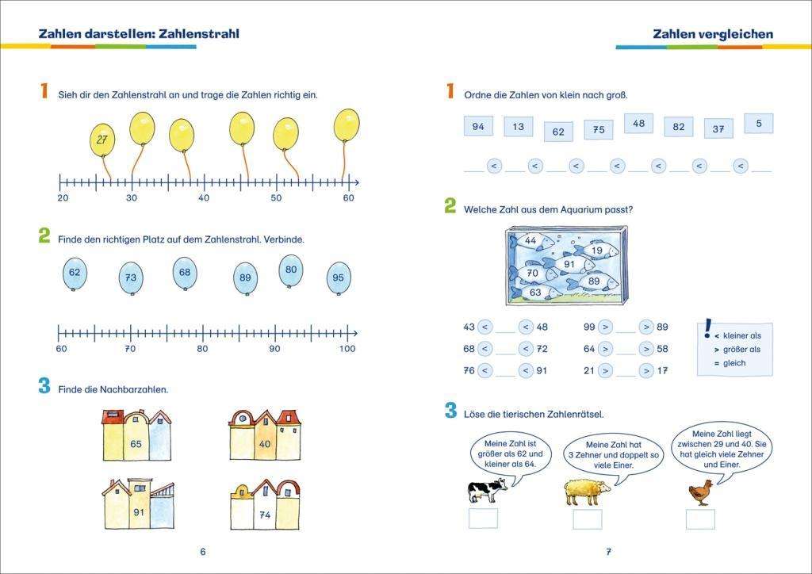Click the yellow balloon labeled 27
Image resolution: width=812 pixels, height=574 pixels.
point(102,140)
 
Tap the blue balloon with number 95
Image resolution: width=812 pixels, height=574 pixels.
point(339,278)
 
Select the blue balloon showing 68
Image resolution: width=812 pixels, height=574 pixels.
point(185,273)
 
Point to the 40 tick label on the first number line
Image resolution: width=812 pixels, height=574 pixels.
point(204,197)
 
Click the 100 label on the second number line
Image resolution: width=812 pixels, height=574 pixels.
point(347,349)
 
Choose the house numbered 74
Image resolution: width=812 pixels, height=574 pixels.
point(265,505)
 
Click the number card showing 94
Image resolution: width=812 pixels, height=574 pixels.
point(478,127)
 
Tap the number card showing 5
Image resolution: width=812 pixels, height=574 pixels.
point(759,124)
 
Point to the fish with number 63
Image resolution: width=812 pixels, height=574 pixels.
point(537,293)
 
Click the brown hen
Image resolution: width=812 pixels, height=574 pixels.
point(701,492)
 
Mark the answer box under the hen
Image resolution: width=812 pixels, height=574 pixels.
point(700,519)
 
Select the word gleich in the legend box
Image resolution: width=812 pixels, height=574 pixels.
point(734,363)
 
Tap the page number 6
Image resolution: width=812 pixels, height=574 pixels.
point(202,552)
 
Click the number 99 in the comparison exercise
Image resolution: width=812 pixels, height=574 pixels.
point(589,327)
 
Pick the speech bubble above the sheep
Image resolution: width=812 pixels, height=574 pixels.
point(614,455)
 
